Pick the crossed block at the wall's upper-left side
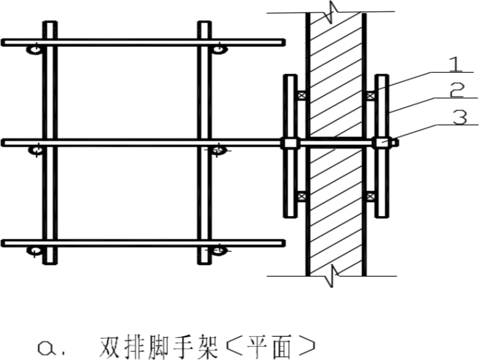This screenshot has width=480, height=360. pos(302,96)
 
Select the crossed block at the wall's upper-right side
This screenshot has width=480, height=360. pos(369,96)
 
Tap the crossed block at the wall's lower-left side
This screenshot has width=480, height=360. pos(302,195)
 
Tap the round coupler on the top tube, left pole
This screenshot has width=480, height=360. pos(35,49)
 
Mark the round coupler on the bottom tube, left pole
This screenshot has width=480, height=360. pos(35,251)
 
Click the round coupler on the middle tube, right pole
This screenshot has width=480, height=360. pos(217,150)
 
